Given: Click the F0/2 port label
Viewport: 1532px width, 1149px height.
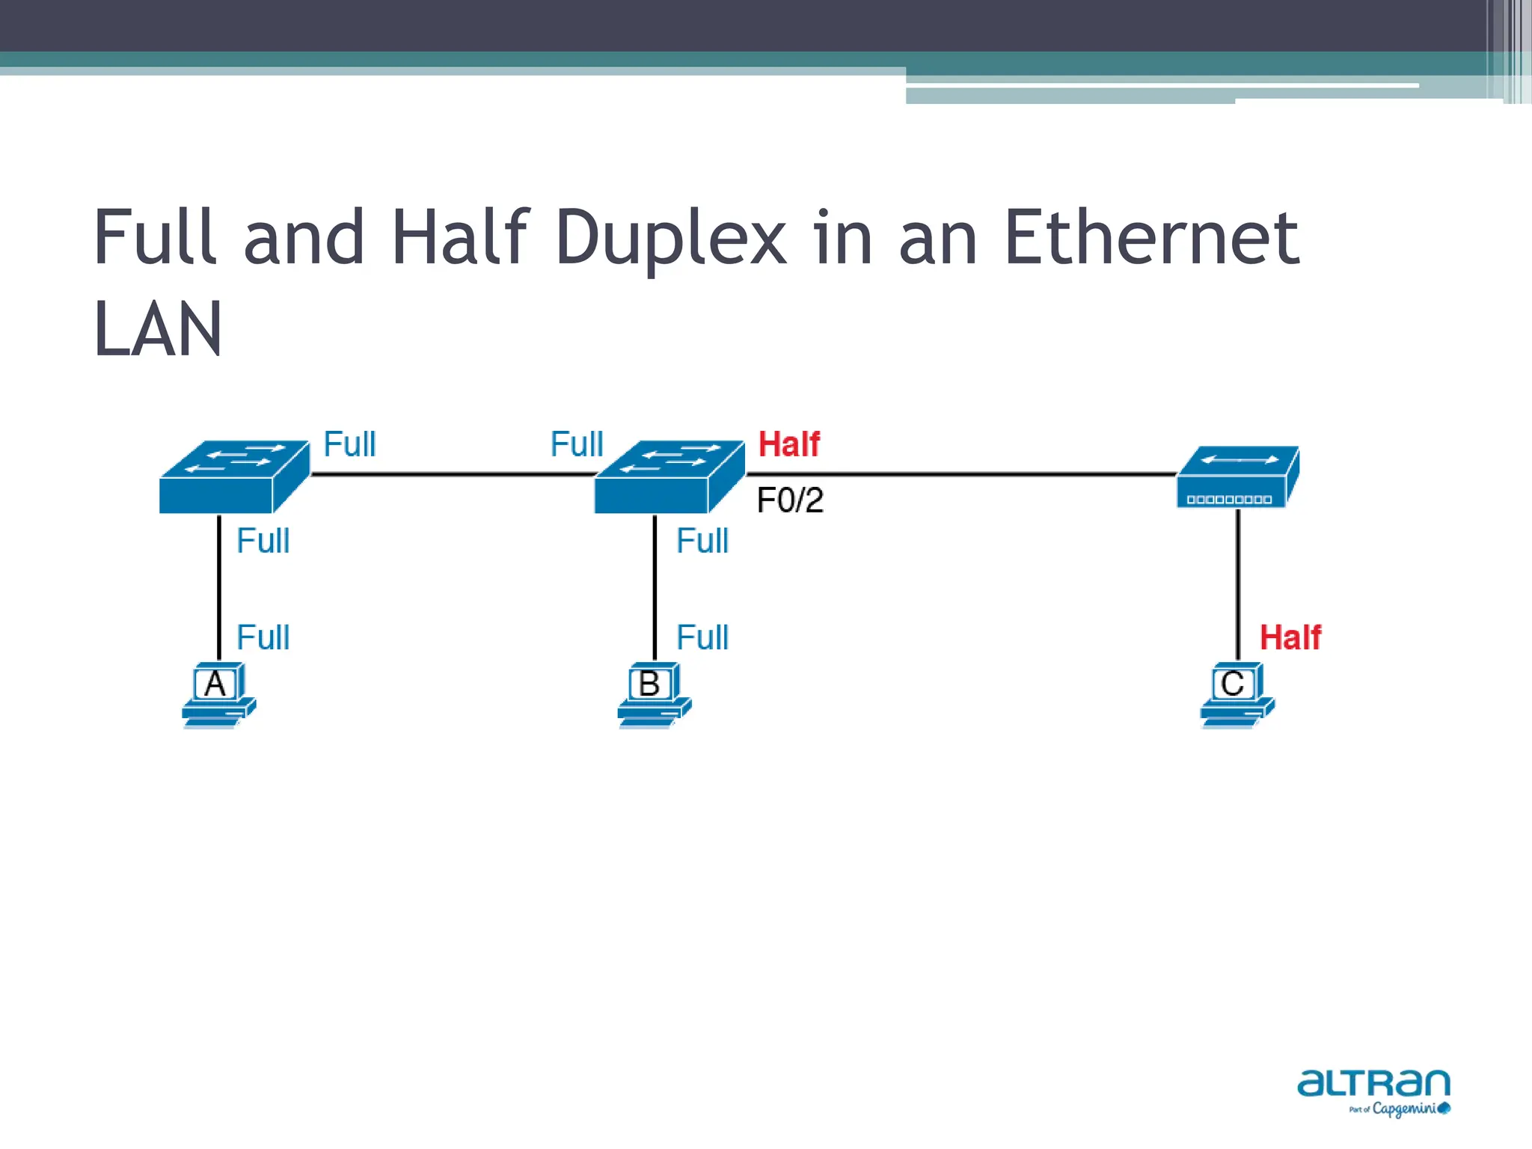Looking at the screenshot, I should click(x=790, y=500).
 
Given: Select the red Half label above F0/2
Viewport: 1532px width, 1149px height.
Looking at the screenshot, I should click(x=788, y=444).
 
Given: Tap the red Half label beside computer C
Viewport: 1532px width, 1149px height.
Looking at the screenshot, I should click(x=1290, y=638).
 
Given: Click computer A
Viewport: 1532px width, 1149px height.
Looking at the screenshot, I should click(x=218, y=694).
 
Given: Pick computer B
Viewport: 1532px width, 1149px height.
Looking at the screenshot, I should click(x=653, y=694).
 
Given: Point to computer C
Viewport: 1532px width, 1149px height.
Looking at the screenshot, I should click(x=1237, y=694).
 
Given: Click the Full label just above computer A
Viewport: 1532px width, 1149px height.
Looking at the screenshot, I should click(x=263, y=638).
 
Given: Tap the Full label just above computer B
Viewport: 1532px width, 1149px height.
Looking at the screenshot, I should click(x=702, y=638).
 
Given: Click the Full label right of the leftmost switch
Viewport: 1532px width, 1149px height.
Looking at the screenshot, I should click(x=349, y=444).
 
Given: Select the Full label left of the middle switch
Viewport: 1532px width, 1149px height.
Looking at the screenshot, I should click(x=576, y=444).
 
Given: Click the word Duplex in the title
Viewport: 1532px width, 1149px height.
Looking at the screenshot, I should click(x=670, y=239).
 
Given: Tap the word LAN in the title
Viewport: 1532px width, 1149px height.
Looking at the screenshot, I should click(x=158, y=329).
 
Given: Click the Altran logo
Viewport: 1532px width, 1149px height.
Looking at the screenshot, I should click(x=1373, y=1091).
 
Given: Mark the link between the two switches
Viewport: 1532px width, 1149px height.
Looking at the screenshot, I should click(x=453, y=474).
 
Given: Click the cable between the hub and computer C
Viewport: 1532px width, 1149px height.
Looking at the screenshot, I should click(x=1238, y=583).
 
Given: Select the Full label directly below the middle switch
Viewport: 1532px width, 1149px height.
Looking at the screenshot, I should click(x=702, y=541).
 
